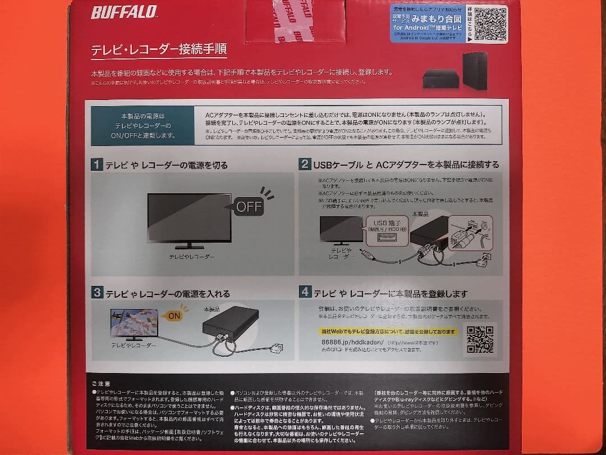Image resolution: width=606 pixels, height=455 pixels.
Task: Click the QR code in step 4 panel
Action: coord(480,339)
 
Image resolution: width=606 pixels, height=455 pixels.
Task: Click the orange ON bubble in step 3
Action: coord(174,316)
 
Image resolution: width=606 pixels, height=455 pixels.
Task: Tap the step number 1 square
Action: coord(97,165)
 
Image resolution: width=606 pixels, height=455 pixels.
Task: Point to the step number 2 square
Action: coord(305,164)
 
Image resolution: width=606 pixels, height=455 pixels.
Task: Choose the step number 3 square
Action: coord(97,293)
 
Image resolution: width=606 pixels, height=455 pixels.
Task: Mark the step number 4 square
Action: coord(305,292)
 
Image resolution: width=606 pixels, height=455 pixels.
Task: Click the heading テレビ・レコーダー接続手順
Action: coord(159,49)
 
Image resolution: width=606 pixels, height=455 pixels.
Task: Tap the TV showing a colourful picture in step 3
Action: coord(128,323)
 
